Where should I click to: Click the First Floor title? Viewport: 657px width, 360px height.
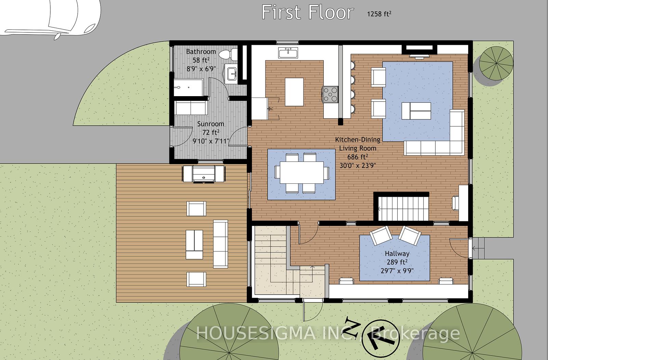click(x=307, y=12)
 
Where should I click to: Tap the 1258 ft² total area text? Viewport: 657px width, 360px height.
click(x=379, y=14)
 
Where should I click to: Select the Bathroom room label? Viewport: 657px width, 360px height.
click(x=201, y=52)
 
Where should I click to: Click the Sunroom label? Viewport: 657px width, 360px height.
click(x=210, y=124)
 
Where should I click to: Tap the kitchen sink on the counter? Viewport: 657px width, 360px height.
click(x=288, y=53)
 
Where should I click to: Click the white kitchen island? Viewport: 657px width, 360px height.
click(x=294, y=92)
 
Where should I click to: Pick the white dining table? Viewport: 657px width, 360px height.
click(x=301, y=172)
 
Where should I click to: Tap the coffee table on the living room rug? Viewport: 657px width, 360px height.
click(x=416, y=111)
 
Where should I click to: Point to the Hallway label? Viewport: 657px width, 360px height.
click(x=397, y=254)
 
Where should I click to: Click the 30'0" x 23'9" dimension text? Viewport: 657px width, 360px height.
click(x=357, y=166)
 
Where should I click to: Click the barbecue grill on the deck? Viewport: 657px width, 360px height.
click(x=204, y=174)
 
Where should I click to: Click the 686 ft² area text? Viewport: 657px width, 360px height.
click(x=357, y=157)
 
